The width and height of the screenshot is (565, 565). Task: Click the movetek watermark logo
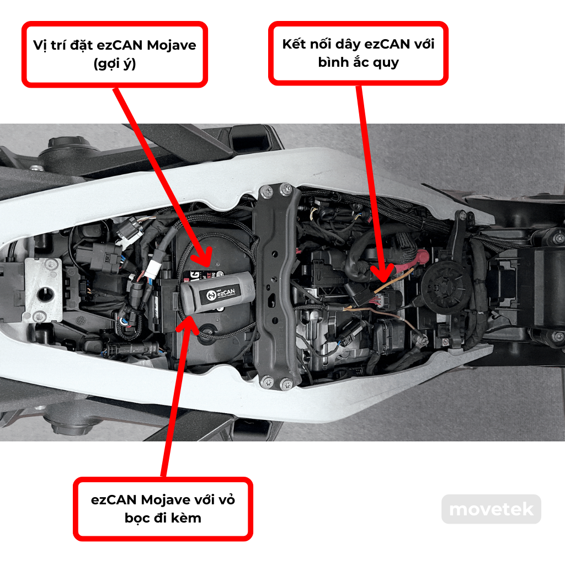491,509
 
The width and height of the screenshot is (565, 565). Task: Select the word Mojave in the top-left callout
172,45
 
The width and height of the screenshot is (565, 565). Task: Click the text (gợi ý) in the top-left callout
115,64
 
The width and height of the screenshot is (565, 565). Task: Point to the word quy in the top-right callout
386,63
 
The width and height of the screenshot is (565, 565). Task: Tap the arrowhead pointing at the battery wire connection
382,273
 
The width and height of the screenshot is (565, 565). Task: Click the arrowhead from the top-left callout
203,258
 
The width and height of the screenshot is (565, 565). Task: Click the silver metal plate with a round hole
42,290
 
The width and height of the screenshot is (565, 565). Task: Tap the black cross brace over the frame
277,286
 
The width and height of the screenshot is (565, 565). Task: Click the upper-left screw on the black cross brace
267,191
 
